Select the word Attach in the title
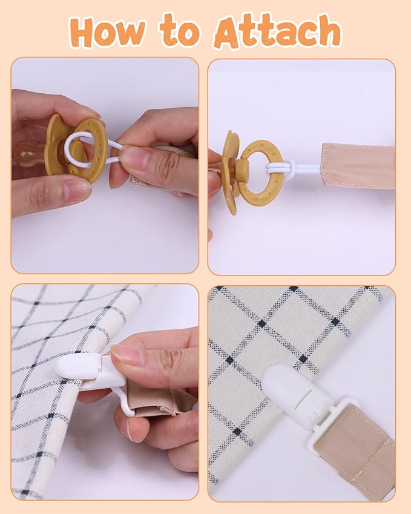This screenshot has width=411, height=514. click(x=278, y=31)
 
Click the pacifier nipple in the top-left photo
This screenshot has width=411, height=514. click(x=29, y=153)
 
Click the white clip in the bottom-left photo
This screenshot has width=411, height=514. click(x=93, y=377)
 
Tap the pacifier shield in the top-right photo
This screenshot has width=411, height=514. click(x=232, y=173)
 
